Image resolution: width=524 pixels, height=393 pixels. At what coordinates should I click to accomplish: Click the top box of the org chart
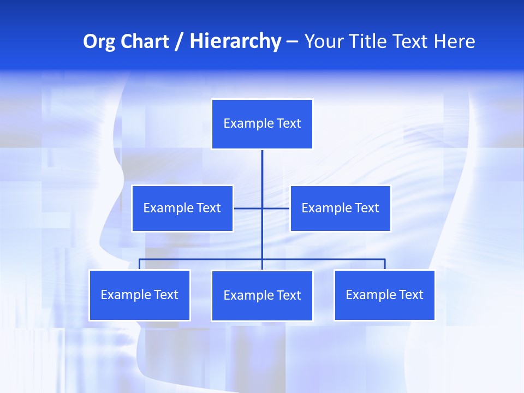262,124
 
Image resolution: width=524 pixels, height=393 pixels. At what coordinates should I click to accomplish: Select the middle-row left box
182,208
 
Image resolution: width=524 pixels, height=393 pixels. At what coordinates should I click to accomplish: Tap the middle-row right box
340,208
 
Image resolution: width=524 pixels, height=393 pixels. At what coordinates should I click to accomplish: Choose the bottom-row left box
140,295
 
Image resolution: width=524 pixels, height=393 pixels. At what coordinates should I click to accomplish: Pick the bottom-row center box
262,295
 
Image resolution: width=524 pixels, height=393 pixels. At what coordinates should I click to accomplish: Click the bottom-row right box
384,295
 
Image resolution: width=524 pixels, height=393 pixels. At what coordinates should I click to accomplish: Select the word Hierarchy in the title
235,41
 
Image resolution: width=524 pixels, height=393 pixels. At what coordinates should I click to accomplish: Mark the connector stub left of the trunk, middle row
248,208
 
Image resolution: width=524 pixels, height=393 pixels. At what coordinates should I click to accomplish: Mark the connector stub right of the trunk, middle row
276,208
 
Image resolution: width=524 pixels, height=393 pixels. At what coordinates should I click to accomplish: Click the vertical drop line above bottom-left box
140,264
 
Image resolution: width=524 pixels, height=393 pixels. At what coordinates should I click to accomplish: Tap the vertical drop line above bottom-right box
385,264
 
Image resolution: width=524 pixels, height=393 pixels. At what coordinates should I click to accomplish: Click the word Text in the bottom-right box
411,295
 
